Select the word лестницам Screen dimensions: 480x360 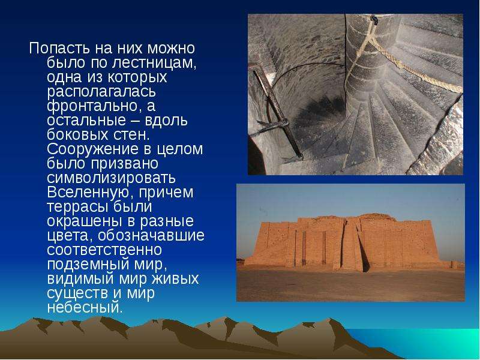(154, 63)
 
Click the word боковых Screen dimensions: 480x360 (77, 134)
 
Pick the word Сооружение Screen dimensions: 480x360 (92, 149)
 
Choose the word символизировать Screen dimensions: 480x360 (112, 178)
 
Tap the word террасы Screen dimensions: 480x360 (78, 207)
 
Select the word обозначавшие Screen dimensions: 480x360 (151, 236)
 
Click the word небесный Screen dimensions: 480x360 (85, 307)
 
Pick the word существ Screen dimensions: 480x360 (77, 293)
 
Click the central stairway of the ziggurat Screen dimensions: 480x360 (355, 245)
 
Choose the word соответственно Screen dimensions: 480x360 (104, 250)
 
